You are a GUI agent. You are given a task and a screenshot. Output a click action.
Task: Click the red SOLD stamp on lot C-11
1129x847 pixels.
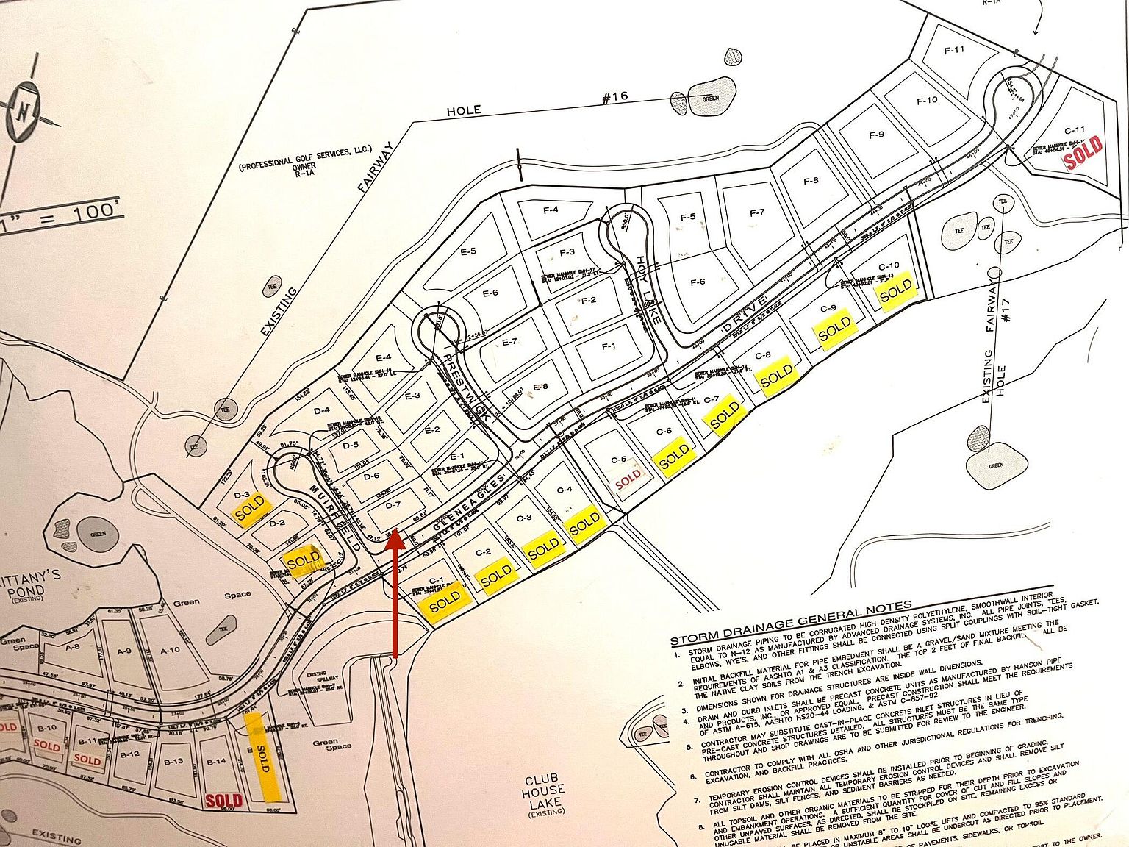1084,151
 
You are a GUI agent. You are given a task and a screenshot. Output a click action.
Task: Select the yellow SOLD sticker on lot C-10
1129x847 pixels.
896,292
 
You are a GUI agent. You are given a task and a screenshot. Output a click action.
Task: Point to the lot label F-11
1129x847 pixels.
954,49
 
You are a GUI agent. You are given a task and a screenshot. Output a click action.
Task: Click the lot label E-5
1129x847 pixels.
468,251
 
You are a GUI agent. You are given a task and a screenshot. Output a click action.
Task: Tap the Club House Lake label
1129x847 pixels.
543,795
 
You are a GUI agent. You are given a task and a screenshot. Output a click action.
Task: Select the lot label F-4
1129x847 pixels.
551,210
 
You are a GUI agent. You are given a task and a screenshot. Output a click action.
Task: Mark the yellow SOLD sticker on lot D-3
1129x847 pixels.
250,507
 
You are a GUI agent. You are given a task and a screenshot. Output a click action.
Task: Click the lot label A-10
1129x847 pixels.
170,649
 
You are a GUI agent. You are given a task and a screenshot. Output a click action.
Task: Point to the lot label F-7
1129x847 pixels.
757,213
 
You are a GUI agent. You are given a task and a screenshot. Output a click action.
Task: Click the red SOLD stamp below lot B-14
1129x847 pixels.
224,800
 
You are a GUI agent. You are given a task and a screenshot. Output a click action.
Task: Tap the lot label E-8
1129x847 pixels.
540,387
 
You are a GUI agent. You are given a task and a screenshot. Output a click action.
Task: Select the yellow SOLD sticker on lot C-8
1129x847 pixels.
776,376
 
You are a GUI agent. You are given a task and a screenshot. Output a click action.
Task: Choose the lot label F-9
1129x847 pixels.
876,135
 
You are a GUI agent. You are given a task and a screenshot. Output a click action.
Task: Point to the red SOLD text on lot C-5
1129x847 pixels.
628,479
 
